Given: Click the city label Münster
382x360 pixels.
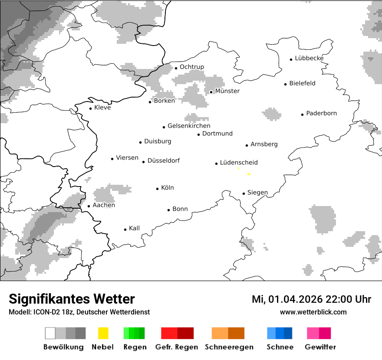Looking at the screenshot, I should [227, 91].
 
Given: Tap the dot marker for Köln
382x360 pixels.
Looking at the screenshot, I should [157, 189].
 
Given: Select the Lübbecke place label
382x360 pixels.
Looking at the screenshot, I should [309, 58].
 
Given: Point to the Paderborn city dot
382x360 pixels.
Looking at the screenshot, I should [303, 115].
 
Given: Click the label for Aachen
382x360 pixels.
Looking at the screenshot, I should [104, 205].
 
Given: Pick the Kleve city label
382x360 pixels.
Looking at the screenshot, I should [102, 108].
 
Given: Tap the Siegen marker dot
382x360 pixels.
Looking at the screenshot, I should [244, 193].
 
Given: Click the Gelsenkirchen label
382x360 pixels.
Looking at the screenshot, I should [189, 126].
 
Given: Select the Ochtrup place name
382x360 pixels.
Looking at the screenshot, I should [191, 67].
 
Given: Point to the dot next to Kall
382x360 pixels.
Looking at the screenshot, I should [125, 229].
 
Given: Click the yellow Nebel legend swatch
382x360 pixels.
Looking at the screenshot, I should [103, 333].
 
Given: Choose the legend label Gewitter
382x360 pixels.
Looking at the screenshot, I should [320, 347].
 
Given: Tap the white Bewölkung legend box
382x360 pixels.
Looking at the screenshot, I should [50, 333].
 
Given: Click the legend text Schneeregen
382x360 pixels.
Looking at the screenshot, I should [229, 347].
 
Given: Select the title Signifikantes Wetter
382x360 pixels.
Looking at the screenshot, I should [72, 299].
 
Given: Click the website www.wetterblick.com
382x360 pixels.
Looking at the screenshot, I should [313, 312].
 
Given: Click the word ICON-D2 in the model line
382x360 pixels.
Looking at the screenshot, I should [48, 312].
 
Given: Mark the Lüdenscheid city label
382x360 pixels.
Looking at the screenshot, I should [239, 163].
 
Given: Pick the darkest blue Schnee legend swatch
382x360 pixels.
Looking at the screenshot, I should [288, 333].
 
